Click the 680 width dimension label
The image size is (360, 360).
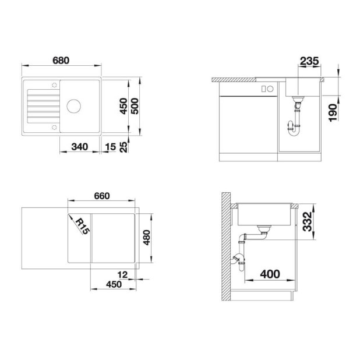61,61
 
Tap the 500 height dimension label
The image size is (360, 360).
135,106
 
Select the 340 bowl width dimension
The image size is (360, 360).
80,147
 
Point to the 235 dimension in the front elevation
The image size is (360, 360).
309,61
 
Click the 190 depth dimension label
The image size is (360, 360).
333,112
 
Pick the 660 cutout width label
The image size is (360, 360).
102,196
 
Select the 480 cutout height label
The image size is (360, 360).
146,238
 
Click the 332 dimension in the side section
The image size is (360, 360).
307,221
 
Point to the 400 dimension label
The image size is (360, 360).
270,274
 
